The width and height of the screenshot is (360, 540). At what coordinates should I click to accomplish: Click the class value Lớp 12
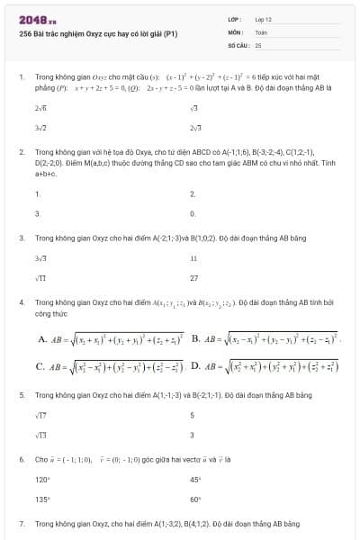tap(264, 18)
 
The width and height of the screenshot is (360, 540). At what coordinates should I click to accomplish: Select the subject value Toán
tap(261, 31)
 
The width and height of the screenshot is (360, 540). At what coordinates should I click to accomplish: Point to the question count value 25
tap(258, 43)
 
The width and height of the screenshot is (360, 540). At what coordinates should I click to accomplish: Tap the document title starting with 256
tap(98, 33)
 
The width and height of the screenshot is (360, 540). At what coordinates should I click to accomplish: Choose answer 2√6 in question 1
tap(40, 108)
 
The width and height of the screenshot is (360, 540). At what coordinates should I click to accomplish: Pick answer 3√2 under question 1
tap(40, 130)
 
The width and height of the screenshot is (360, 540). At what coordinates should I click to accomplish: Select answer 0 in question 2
tap(193, 214)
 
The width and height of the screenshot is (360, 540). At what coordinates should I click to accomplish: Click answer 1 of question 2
tap(37, 194)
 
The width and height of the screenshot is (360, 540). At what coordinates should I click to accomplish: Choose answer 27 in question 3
tap(194, 278)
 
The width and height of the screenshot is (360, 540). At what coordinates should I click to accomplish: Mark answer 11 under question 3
tap(193, 257)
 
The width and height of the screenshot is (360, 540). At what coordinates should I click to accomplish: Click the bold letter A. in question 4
tap(42, 339)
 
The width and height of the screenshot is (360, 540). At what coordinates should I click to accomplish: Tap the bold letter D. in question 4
tap(195, 366)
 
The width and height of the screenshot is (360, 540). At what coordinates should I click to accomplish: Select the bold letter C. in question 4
tap(41, 366)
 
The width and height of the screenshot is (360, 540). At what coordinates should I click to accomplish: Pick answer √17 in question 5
tap(40, 415)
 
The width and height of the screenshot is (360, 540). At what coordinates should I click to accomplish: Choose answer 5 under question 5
tap(193, 415)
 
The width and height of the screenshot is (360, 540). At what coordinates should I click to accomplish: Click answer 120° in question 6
tap(41, 480)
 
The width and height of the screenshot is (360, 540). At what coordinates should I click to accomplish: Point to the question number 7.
tap(21, 523)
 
